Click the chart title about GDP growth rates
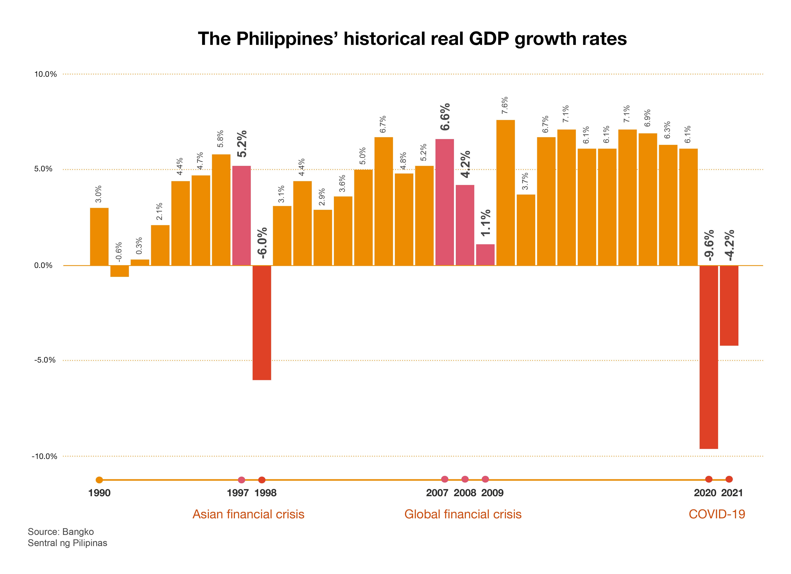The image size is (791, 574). point(412,39)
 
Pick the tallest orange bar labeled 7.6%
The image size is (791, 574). point(505,193)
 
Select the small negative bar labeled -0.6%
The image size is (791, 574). point(120,271)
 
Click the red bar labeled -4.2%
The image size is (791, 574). point(729,306)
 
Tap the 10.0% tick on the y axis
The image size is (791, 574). point(45,74)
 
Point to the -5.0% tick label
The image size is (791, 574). point(45,360)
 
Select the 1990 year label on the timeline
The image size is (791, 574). point(99,493)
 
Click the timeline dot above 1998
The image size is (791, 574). point(262,480)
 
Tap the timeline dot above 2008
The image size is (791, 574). point(465,479)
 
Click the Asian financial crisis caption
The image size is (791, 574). point(248,514)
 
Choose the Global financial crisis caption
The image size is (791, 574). point(463,514)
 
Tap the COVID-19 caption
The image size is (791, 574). point(717,514)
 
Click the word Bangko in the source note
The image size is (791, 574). point(78,532)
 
